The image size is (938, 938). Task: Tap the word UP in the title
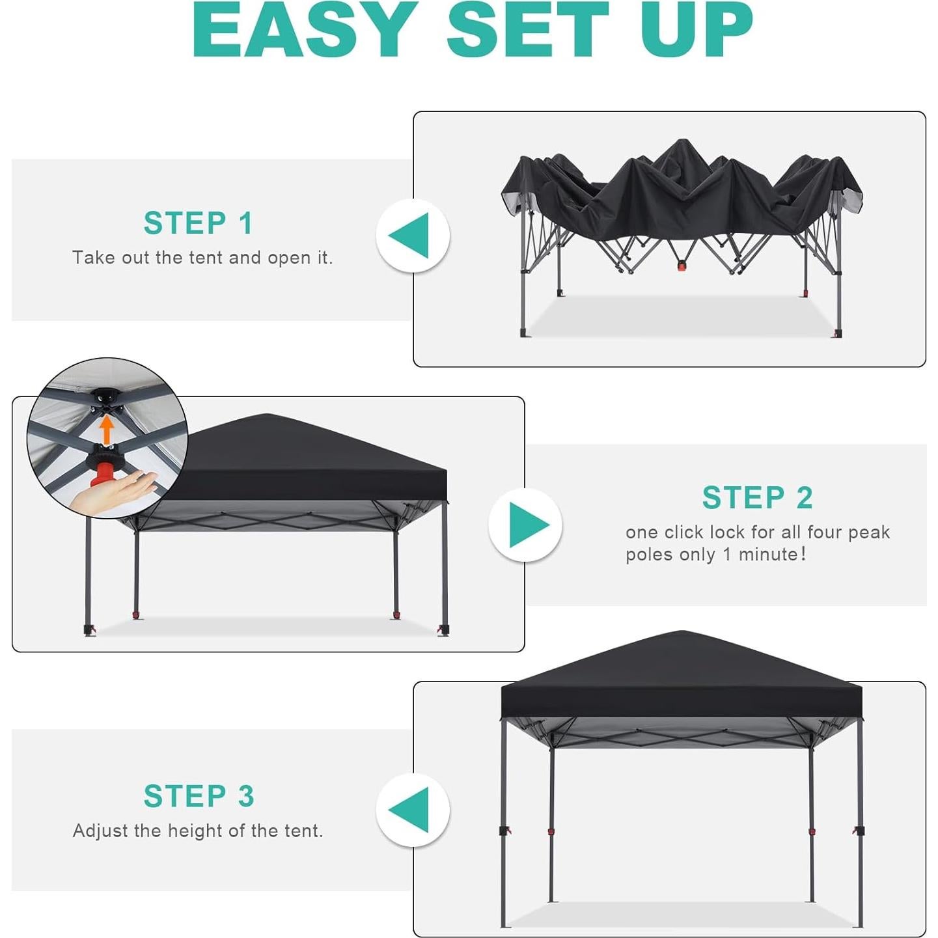697,31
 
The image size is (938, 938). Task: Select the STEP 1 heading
199,223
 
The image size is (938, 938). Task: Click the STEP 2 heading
758,498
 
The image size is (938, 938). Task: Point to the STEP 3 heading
199,796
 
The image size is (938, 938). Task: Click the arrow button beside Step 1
412,235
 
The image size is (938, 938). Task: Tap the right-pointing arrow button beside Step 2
526,525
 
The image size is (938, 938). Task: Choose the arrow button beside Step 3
412,810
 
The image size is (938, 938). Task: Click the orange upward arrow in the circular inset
107,430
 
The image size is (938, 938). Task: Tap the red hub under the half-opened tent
682,265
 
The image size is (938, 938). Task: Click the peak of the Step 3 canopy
682,633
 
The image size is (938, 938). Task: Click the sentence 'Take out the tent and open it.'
202,258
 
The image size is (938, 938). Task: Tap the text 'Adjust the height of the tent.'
198,831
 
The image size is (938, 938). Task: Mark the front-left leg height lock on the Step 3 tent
504,831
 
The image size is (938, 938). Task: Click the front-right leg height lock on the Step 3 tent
859,831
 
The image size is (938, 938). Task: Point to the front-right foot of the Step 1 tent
837,333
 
